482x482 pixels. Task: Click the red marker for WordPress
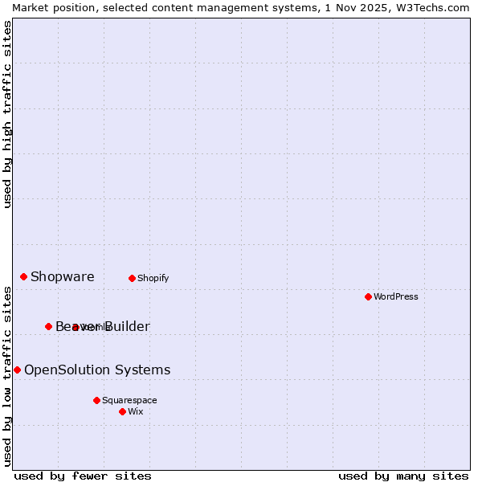pyautogui.click(x=368, y=296)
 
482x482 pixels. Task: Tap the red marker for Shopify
pyautogui.click(x=132, y=278)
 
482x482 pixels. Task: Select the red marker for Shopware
pyautogui.click(x=23, y=276)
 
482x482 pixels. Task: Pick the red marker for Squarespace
pyautogui.click(x=96, y=400)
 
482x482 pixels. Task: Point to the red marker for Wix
pyautogui.click(x=122, y=411)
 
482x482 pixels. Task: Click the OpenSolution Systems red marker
pyautogui.click(x=17, y=370)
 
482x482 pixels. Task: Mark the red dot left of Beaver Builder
pyautogui.click(x=48, y=326)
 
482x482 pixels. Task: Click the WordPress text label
pyautogui.click(x=396, y=296)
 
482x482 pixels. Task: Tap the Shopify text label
pyautogui.click(x=153, y=278)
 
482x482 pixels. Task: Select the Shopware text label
pyautogui.click(x=63, y=277)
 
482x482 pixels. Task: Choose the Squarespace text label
pyautogui.click(x=129, y=400)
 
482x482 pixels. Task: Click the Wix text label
pyautogui.click(x=136, y=411)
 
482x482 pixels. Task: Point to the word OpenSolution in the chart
pyautogui.click(x=67, y=370)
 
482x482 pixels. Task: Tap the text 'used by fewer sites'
pyautogui.click(x=83, y=476)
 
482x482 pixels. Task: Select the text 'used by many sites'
pyautogui.click(x=403, y=476)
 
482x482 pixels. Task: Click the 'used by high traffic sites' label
pyautogui.click(x=7, y=114)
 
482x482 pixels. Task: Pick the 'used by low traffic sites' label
pyautogui.click(x=7, y=376)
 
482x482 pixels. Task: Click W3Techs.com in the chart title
pyautogui.click(x=431, y=7)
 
